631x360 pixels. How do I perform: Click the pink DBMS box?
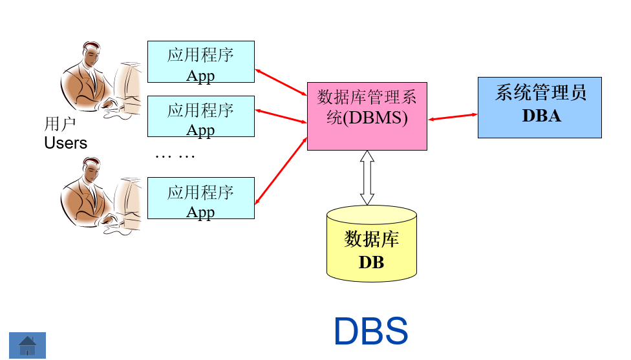pos(367,116)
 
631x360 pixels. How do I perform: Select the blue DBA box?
pos(539,107)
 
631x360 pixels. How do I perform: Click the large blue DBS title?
pos(370,331)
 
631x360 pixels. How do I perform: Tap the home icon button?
pos(27,345)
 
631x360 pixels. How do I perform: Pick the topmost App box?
pos(200,62)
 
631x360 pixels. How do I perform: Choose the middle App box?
pos(200,116)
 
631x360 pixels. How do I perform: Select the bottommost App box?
pos(200,198)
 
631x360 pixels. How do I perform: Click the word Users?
pos(65,143)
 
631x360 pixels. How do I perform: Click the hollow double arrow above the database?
pos(367,178)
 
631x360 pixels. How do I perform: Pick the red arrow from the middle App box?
pos(281,116)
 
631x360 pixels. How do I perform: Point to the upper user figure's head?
pos(91,55)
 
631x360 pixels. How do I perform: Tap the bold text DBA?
pos(541,116)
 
